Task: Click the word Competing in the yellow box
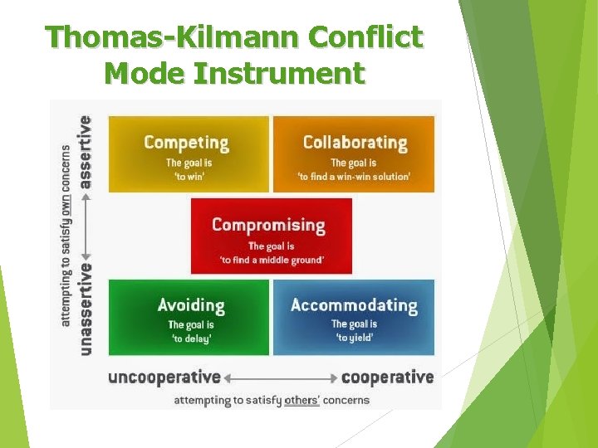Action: coord(186,142)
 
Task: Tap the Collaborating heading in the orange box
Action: coord(355,142)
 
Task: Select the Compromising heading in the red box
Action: coord(268,224)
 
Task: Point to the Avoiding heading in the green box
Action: coord(191,304)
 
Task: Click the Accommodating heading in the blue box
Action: coord(354,304)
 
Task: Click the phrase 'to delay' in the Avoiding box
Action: coord(191,338)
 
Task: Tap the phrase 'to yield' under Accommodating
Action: coord(354,338)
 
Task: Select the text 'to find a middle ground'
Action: coord(272,260)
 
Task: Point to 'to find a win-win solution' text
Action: coord(355,177)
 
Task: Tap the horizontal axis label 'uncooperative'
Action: coord(164,377)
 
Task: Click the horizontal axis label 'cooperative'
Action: coord(387,377)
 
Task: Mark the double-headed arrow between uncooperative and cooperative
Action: coord(281,378)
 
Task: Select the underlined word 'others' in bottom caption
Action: coord(300,400)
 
